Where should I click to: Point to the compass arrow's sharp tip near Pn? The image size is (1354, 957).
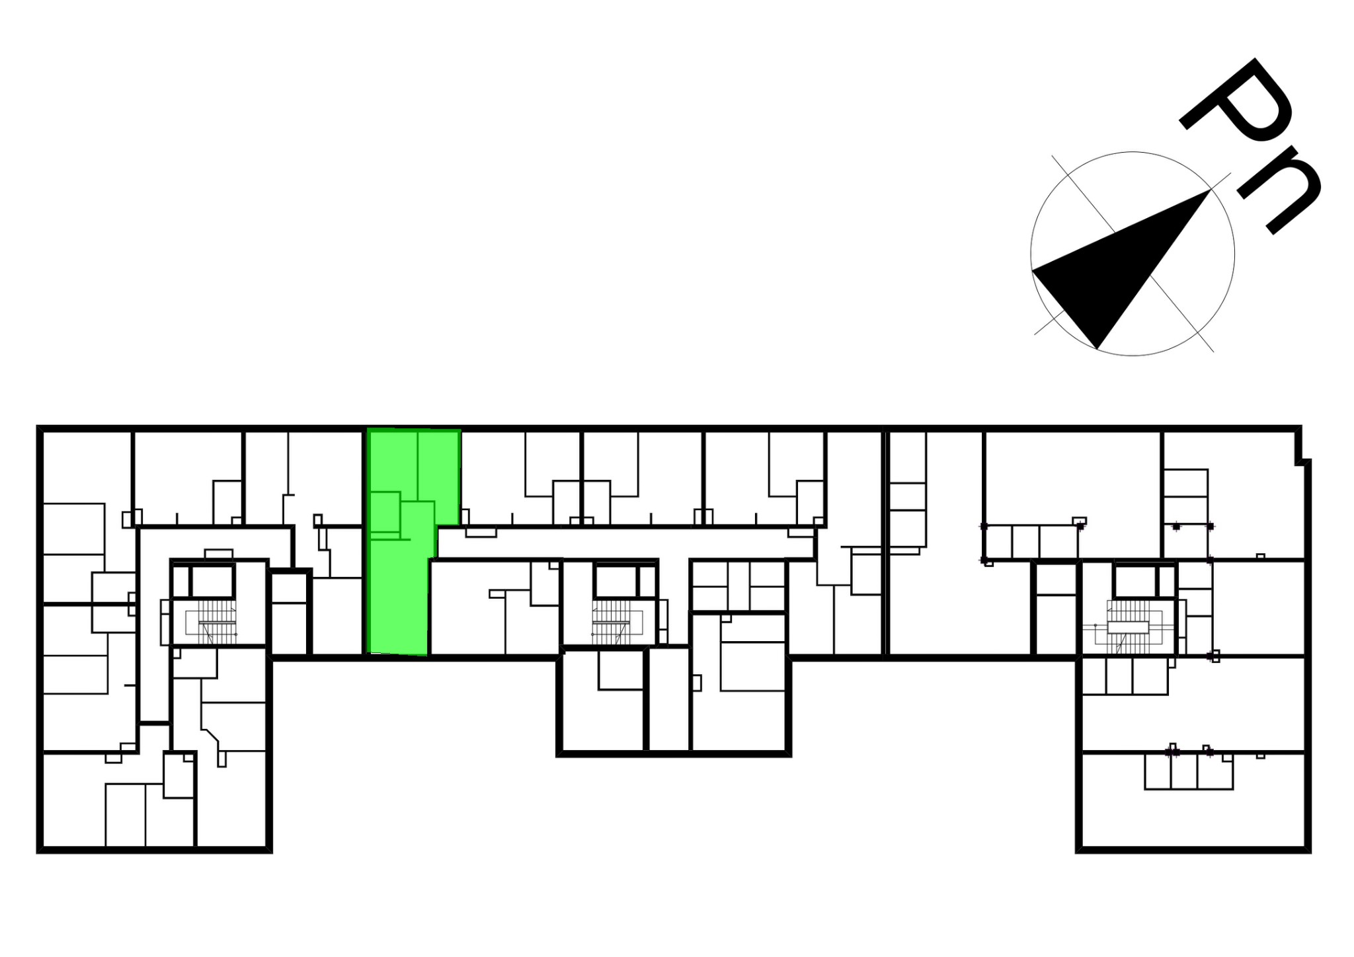(x=1211, y=190)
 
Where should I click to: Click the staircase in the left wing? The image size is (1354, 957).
(x=217, y=622)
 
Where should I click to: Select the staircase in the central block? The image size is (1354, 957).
(x=612, y=622)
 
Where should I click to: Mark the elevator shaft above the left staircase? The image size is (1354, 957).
(x=213, y=582)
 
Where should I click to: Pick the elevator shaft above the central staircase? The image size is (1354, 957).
(x=616, y=582)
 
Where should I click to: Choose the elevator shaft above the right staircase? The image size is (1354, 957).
(x=1135, y=582)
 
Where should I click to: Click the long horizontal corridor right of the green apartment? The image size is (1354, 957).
(x=625, y=543)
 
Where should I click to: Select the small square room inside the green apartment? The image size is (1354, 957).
(x=385, y=512)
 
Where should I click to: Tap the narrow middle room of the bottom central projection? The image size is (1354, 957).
(x=669, y=700)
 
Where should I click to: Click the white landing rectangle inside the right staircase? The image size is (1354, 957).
(x=1127, y=627)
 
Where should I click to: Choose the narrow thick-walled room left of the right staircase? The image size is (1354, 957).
(x=1055, y=609)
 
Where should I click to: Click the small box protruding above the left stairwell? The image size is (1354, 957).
(x=219, y=554)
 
